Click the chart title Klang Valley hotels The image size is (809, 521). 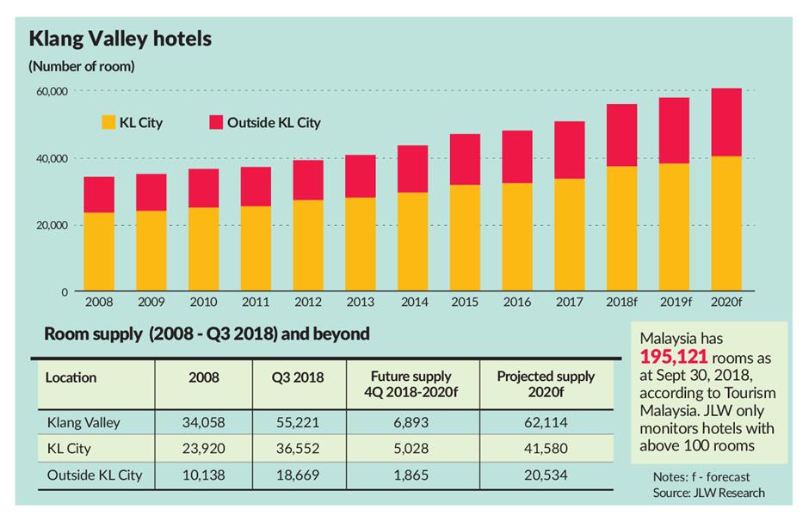point(120,39)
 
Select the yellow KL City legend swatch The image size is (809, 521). point(109,122)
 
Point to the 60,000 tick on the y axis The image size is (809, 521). point(51,91)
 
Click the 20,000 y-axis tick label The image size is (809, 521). point(51,225)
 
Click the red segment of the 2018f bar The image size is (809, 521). point(621,135)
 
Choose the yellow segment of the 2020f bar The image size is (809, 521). point(726,224)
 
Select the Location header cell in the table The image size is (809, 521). point(71,377)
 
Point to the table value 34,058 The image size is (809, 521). point(203,422)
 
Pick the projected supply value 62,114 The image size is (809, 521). point(546,422)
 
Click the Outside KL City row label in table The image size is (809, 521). point(94,475)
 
